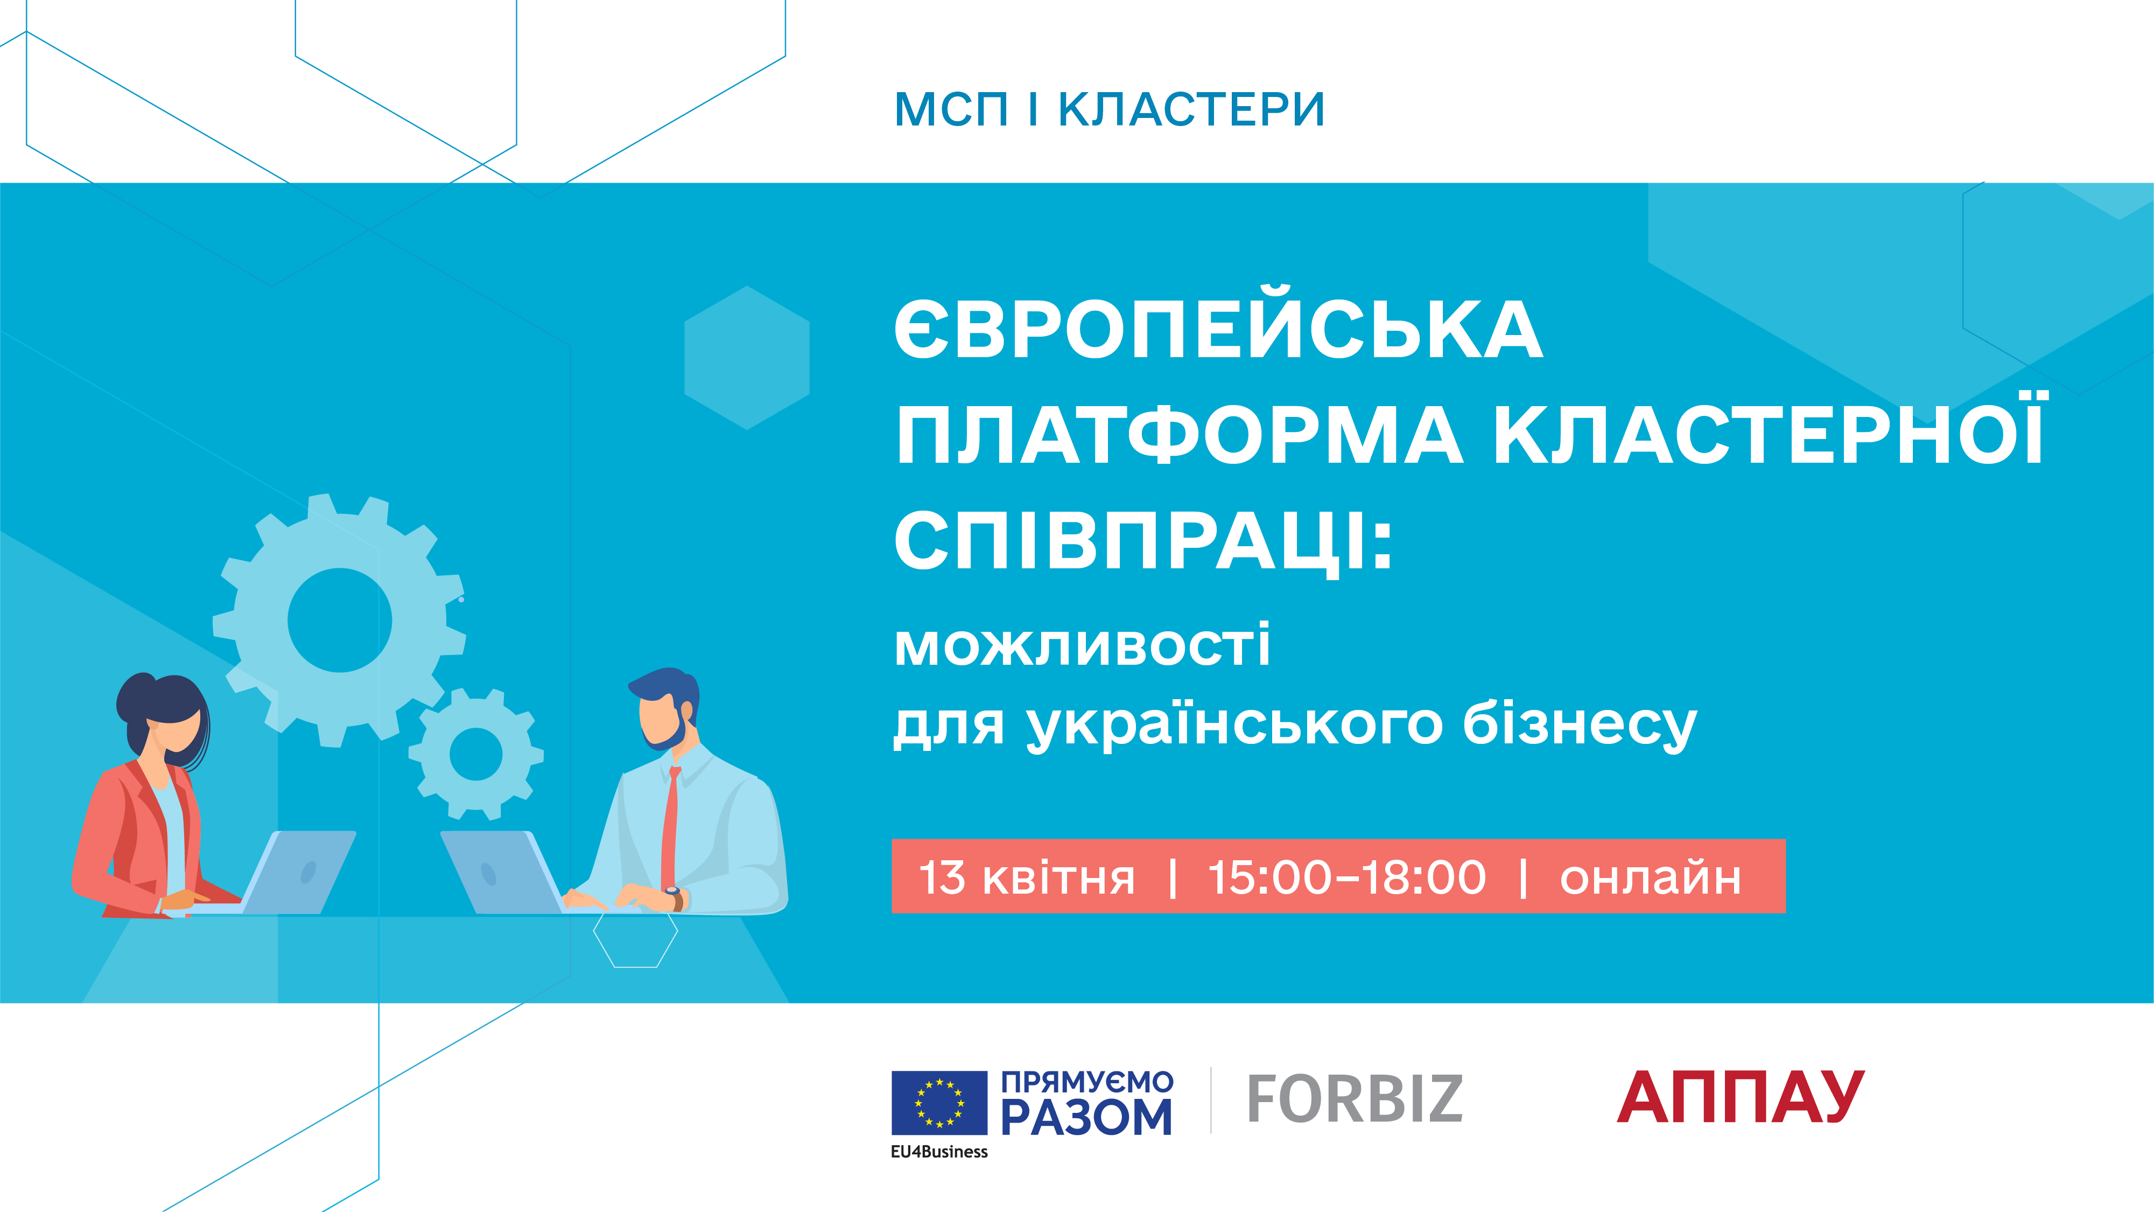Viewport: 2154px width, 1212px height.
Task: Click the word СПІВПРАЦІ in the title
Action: point(1143,542)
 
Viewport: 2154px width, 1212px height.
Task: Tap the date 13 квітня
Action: point(1027,877)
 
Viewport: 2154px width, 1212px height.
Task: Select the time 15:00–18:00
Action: point(1346,877)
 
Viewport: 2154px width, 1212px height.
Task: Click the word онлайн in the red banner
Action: point(1651,877)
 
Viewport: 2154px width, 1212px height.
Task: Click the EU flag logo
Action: point(939,1103)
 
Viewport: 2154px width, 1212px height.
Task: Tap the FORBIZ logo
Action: point(1355,1098)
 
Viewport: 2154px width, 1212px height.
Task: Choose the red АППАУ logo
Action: point(1741,1097)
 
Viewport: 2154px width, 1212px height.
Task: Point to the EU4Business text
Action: point(939,1152)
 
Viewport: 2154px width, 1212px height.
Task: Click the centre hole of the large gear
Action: point(340,620)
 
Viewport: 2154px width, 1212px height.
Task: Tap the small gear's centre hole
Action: point(476,754)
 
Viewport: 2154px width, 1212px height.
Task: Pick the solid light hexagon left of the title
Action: point(747,358)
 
